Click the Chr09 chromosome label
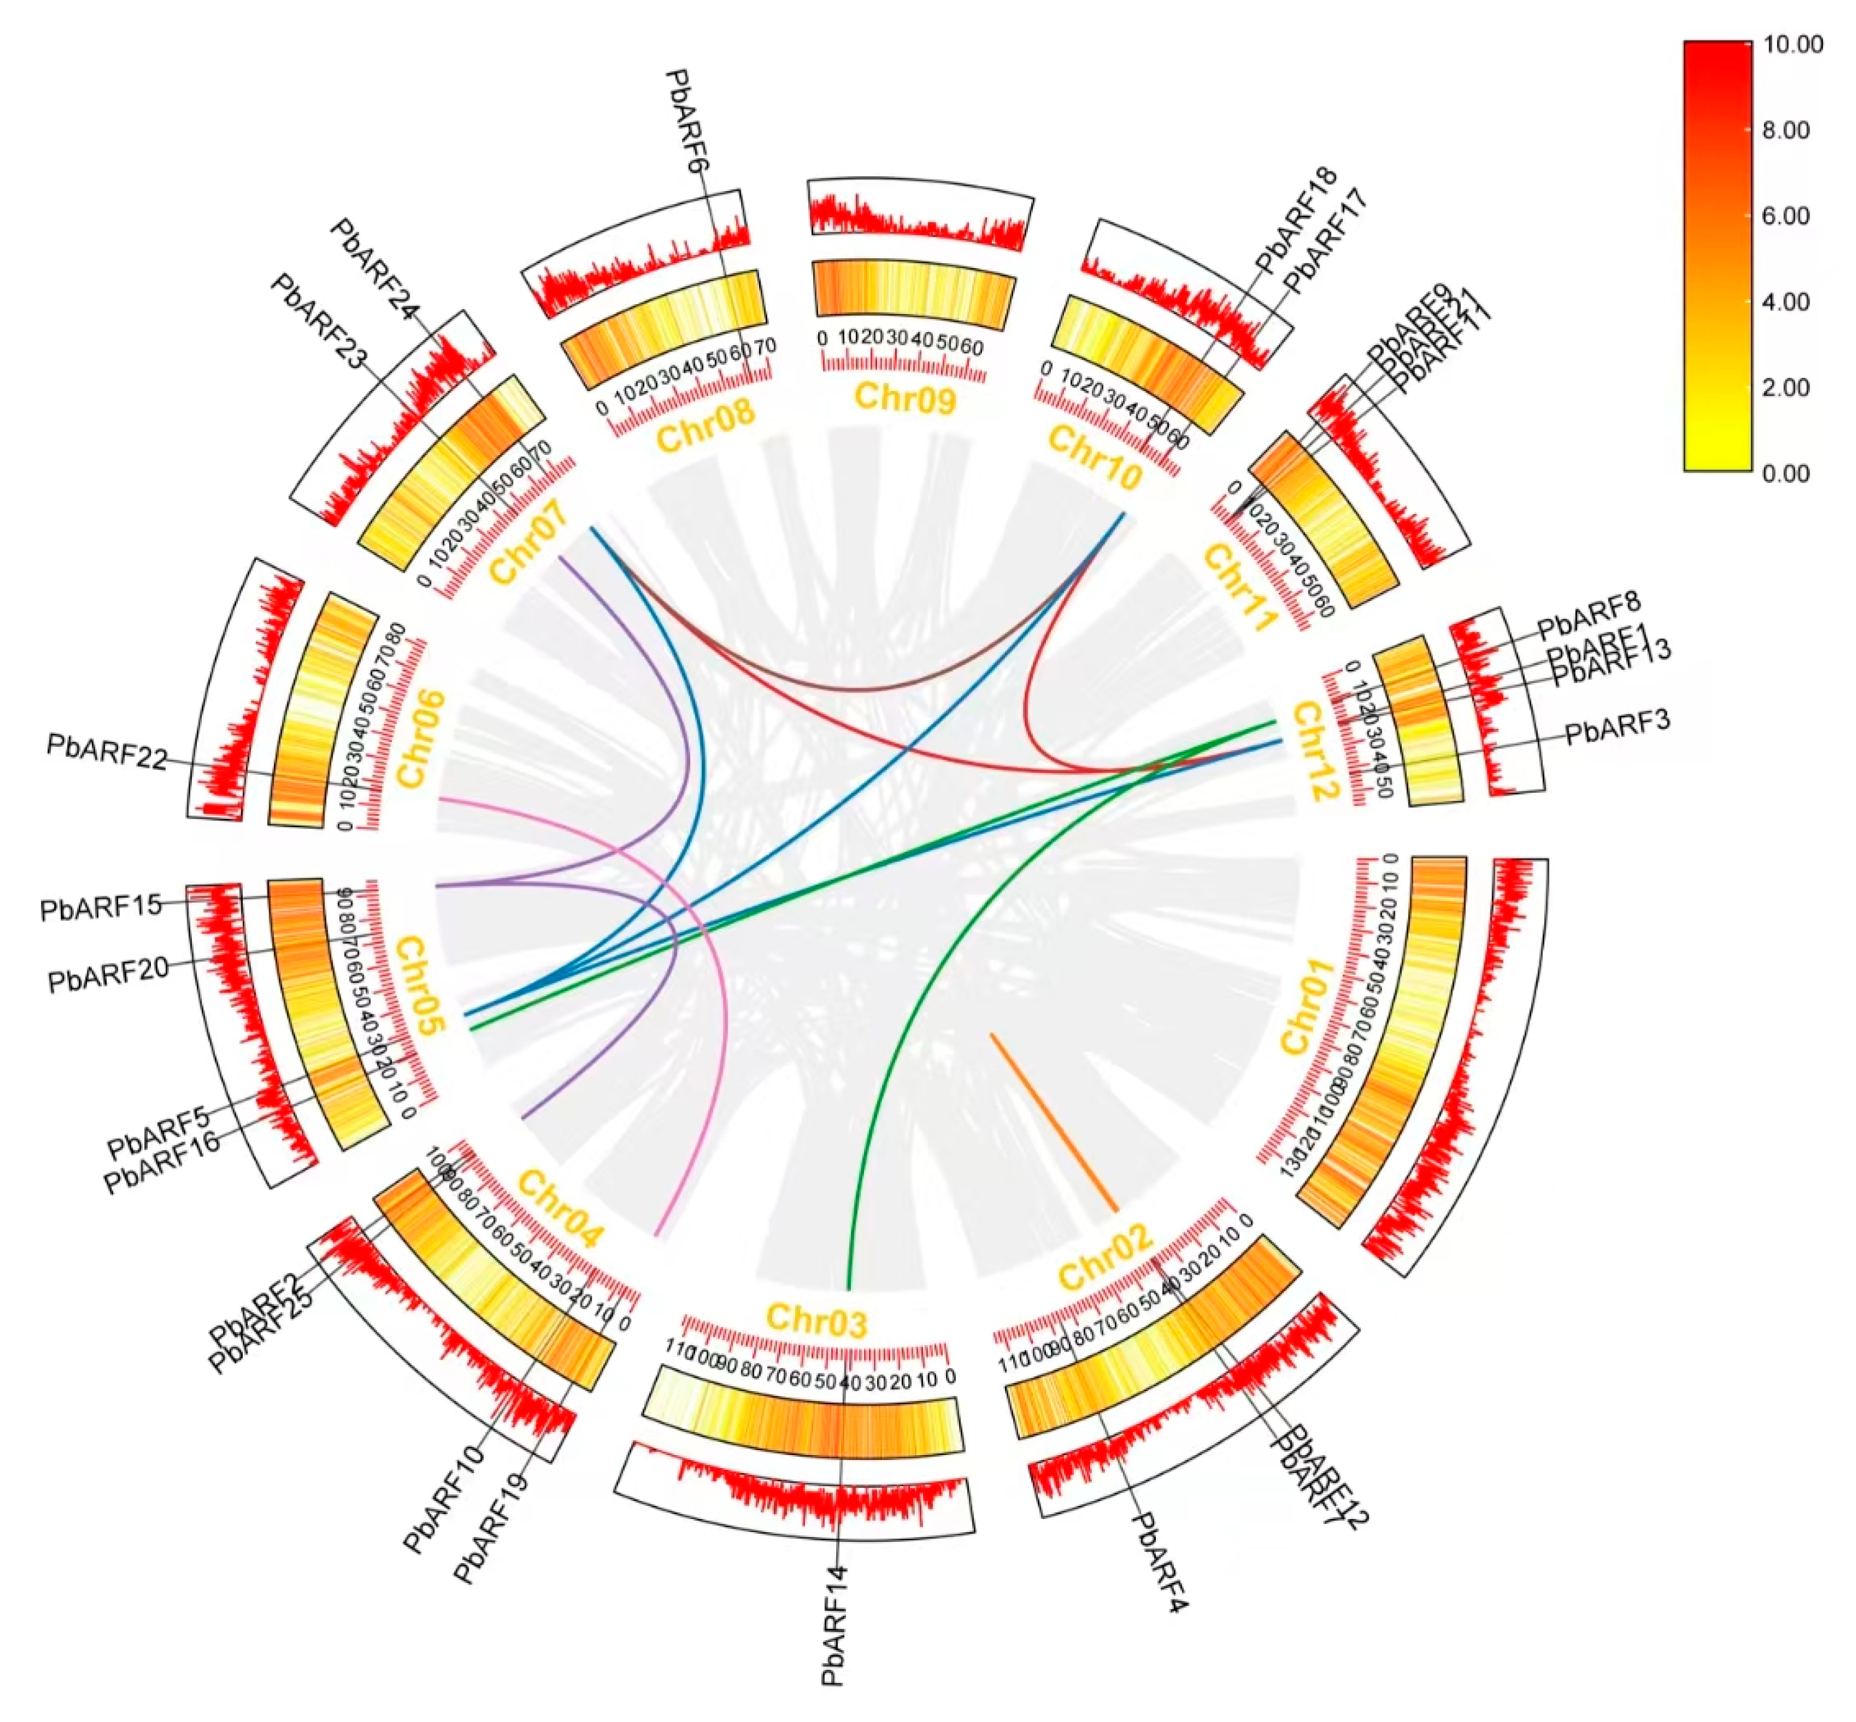pos(904,398)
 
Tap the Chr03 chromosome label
pos(816,1320)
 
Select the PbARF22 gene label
pos(106,752)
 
